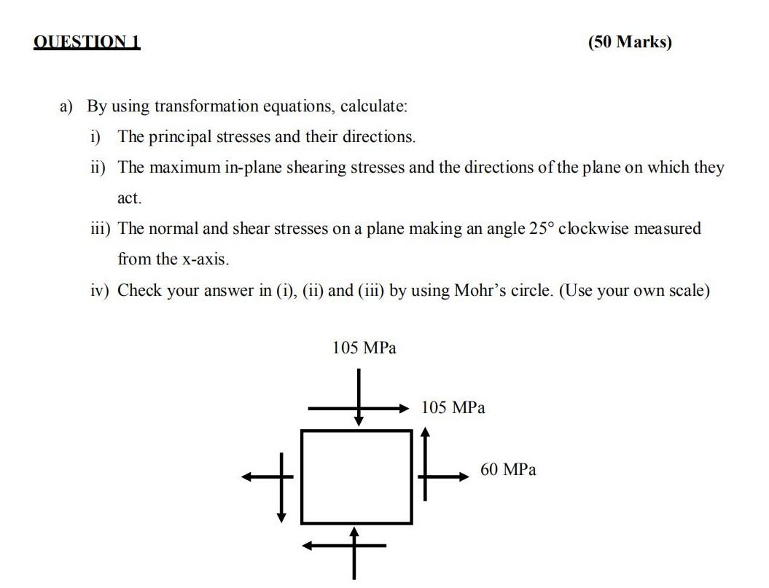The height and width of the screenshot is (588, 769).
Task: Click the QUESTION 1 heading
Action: [x=87, y=42]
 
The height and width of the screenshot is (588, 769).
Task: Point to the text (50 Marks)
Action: [x=630, y=42]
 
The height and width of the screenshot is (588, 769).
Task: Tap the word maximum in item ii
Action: [x=181, y=168]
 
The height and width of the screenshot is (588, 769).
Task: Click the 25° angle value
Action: [x=540, y=229]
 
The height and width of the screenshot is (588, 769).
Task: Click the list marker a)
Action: [x=67, y=106]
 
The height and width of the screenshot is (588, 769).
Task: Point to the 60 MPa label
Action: [x=508, y=470]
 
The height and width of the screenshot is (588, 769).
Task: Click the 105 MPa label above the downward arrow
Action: [x=364, y=348]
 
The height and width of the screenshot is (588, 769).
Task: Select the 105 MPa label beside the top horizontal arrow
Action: [x=453, y=407]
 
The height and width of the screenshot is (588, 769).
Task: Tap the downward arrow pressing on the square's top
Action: [x=359, y=397]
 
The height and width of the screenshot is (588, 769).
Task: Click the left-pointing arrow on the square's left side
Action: [x=267, y=477]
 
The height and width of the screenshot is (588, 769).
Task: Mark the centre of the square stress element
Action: [x=356, y=477]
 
